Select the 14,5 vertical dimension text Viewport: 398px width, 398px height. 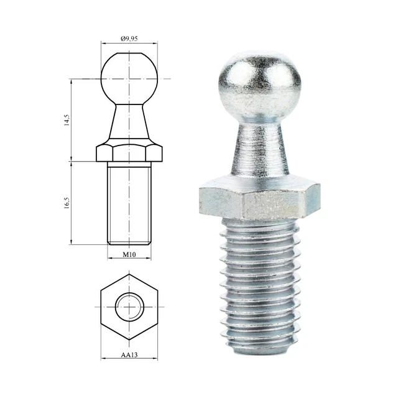[x=67, y=119]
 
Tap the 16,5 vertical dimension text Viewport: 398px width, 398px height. [x=67, y=203]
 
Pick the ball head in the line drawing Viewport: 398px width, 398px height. [x=129, y=78]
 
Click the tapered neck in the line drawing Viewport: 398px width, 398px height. [x=129, y=124]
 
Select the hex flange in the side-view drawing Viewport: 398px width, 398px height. [x=129, y=152]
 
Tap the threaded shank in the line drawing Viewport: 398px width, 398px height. [x=129, y=202]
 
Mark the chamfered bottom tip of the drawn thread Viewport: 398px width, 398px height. [x=129, y=242]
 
